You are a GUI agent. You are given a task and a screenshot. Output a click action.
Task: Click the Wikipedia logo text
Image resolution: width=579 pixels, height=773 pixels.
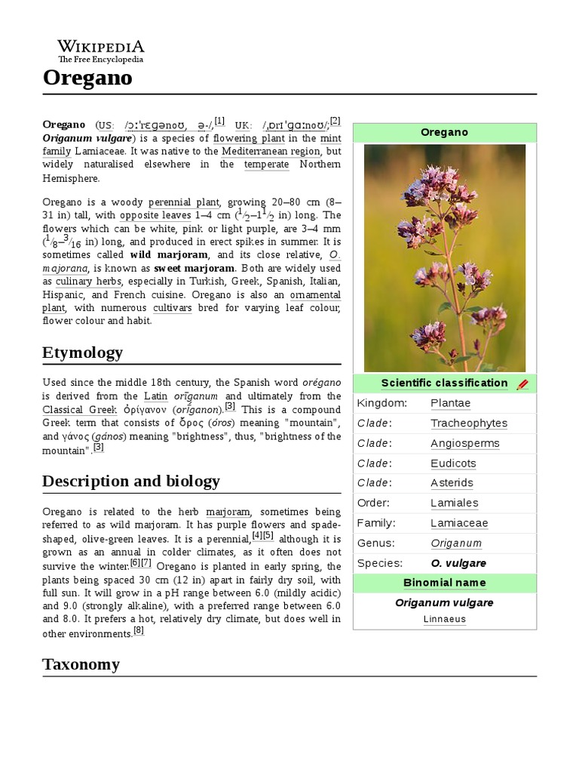pyautogui.click(x=100, y=47)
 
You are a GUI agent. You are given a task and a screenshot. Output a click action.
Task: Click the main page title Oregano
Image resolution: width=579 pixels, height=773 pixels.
pyautogui.click(x=87, y=78)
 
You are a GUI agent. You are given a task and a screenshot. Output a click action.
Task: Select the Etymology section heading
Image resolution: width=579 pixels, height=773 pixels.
pyautogui.click(x=82, y=353)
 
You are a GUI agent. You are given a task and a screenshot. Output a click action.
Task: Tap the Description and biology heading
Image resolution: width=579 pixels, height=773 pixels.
pyautogui.click(x=131, y=482)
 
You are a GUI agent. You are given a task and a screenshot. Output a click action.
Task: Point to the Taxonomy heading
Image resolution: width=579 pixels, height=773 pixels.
pyautogui.click(x=81, y=664)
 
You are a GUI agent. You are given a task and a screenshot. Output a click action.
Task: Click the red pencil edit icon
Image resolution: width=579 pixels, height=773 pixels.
pyautogui.click(x=522, y=384)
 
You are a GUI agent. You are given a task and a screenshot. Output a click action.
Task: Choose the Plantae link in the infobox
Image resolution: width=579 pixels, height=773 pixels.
pyautogui.click(x=450, y=403)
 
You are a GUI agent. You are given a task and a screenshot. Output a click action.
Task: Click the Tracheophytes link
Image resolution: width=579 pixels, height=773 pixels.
pyautogui.click(x=469, y=423)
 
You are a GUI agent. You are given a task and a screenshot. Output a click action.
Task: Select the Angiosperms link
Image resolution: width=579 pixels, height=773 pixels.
pyautogui.click(x=464, y=443)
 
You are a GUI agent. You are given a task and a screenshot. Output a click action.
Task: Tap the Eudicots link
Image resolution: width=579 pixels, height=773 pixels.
pyautogui.click(x=453, y=463)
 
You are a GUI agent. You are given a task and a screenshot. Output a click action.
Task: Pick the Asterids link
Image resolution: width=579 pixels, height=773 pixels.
pyautogui.click(x=452, y=483)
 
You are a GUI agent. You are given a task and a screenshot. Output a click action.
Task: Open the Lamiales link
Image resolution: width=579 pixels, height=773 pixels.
pyautogui.click(x=454, y=503)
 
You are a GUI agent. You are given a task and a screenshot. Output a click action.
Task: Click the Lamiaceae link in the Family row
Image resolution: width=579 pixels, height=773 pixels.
pyautogui.click(x=459, y=523)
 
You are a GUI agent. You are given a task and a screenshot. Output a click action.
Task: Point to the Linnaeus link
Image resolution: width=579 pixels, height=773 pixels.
pyautogui.click(x=444, y=619)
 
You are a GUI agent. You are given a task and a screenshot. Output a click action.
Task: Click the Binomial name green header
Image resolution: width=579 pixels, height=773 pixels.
pyautogui.click(x=444, y=583)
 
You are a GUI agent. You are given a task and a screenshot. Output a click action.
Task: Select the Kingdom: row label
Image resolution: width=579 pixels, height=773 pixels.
pyautogui.click(x=381, y=403)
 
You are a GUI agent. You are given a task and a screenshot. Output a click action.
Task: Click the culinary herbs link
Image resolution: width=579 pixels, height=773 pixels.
pyautogui.click(x=84, y=282)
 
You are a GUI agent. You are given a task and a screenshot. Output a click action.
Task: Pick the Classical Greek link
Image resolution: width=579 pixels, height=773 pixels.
pyautogui.click(x=73, y=409)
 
